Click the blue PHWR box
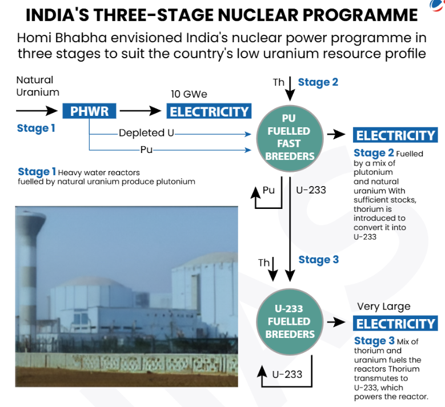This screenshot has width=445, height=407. pyautogui.click(x=89, y=111)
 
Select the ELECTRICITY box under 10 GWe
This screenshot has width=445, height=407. pyautogui.click(x=210, y=111)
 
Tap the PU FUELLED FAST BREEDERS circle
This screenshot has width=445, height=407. pyautogui.click(x=291, y=135)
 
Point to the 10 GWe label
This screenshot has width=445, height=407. pyautogui.click(x=189, y=94)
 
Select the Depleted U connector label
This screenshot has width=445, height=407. pyautogui.click(x=146, y=133)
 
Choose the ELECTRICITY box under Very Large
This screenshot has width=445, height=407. pyautogui.click(x=395, y=324)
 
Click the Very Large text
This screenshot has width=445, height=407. pyautogui.click(x=383, y=307)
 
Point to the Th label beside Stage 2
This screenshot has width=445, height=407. pyautogui.click(x=278, y=82)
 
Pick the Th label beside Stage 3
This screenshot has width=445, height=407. pyautogui.click(x=264, y=263)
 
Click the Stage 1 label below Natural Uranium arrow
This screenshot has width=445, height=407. pyautogui.click(x=36, y=128)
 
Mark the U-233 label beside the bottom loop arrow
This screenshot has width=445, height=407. pyautogui.click(x=287, y=374)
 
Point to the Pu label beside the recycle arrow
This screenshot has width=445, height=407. pyautogui.click(x=268, y=190)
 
